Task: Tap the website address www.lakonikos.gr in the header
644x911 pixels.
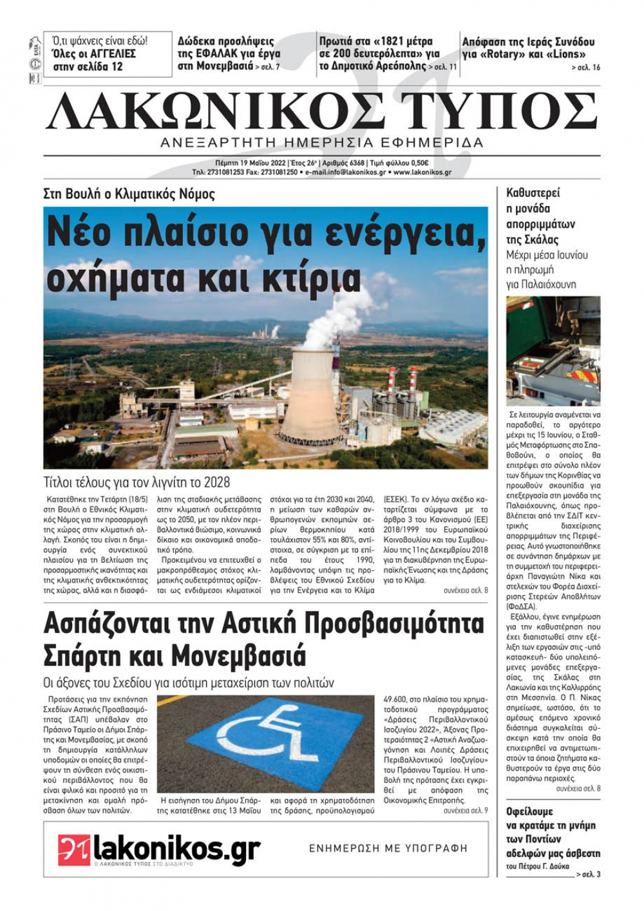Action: [x=422, y=173]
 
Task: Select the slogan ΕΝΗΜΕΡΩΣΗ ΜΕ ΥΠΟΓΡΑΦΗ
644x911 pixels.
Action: [x=388, y=849]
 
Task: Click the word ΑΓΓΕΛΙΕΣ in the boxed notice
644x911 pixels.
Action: [x=110, y=54]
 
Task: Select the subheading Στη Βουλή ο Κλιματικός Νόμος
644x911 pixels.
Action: [x=129, y=194]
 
